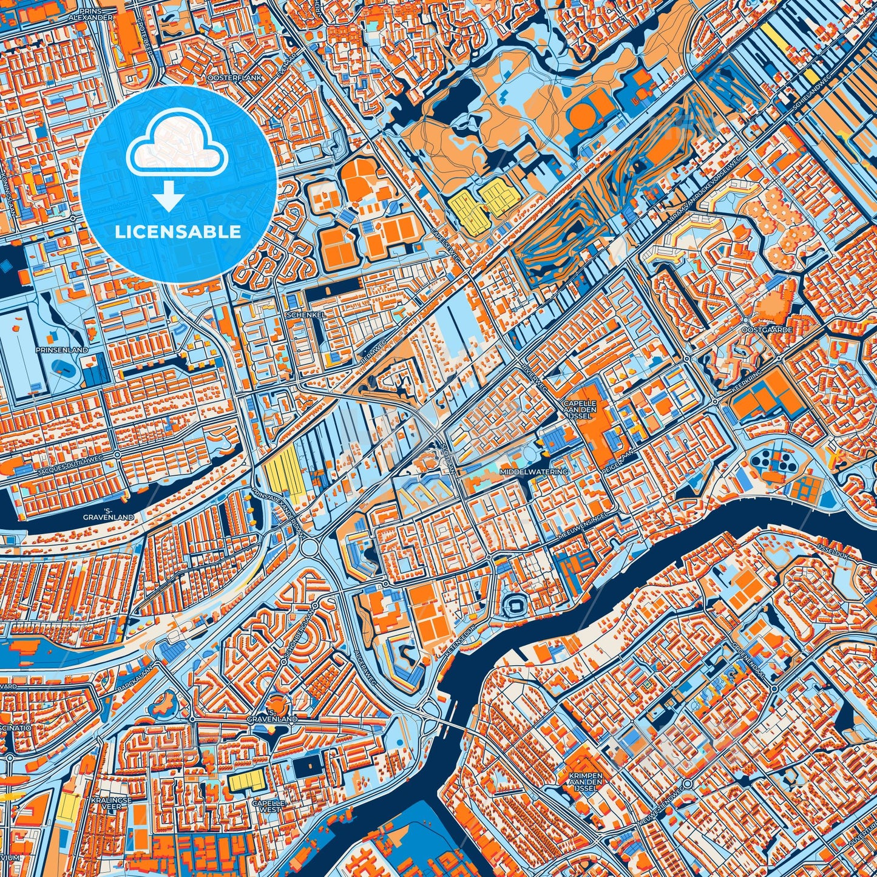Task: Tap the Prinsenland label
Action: click(x=61, y=350)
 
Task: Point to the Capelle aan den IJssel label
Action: click(x=580, y=410)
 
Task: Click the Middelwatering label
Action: click(x=534, y=472)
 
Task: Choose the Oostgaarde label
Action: click(x=758, y=330)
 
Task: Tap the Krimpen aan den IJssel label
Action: click(x=586, y=779)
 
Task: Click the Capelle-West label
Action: click(x=267, y=806)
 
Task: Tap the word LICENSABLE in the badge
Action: click(x=178, y=231)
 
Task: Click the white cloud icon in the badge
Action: click(x=177, y=144)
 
